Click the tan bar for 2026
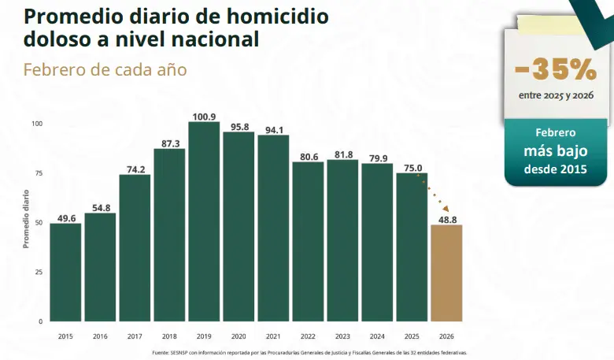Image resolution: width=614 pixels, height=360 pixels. [446, 273]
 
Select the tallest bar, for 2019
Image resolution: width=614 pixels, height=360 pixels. [204, 221]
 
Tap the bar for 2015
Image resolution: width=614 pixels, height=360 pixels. [65, 273]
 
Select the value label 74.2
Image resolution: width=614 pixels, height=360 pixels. [135, 169]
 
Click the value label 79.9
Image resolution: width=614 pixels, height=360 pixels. [377, 158]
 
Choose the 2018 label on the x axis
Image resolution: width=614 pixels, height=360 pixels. [169, 336]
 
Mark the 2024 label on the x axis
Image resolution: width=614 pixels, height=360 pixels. [377, 336]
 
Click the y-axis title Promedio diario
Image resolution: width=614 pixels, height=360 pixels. [25, 218]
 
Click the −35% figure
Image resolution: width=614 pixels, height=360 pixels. [556, 69]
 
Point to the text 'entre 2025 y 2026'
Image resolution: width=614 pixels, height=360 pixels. [556, 96]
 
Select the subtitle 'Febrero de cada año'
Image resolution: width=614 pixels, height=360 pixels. [105, 69]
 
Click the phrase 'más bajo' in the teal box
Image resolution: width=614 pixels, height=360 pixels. [556, 151]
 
